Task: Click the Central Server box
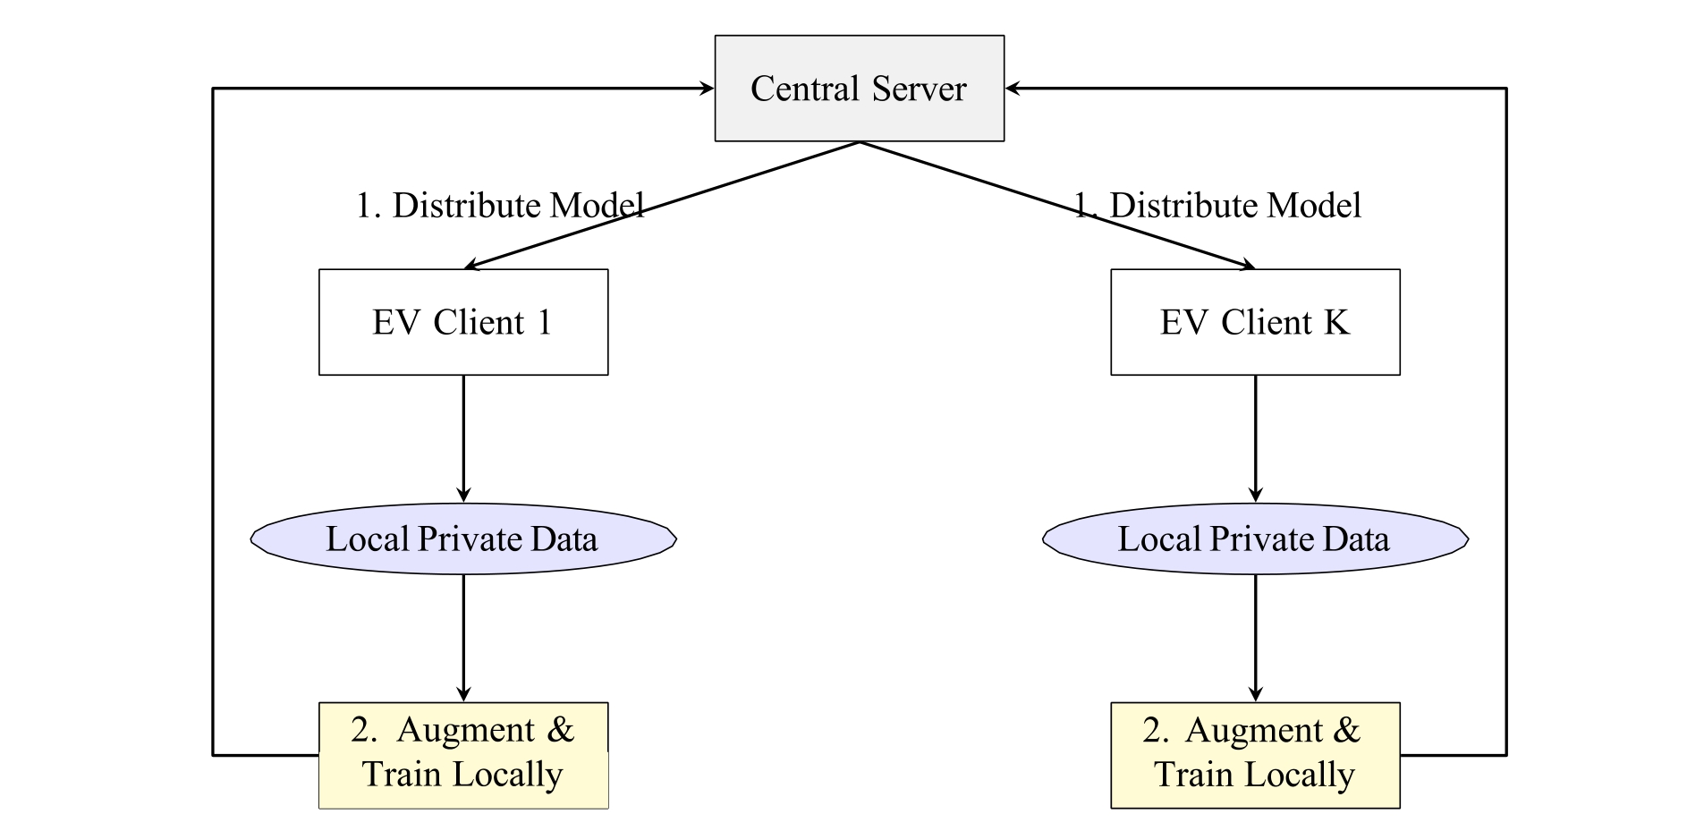click(859, 89)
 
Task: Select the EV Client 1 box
click(463, 322)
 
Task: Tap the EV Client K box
click(1255, 322)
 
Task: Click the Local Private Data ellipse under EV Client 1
click(463, 538)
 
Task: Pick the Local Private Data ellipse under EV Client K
click(1255, 538)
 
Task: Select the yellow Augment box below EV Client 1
click(463, 755)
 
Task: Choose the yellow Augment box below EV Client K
click(1255, 755)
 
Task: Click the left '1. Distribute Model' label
click(500, 206)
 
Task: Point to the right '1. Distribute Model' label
click(1217, 206)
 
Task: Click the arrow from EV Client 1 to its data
click(463, 438)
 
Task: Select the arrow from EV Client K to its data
click(1255, 438)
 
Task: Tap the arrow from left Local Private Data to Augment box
click(463, 638)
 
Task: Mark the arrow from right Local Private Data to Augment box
click(1255, 638)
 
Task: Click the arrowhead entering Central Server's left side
click(707, 89)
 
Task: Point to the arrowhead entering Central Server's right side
click(1013, 89)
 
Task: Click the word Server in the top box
click(920, 89)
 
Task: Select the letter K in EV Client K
click(1336, 322)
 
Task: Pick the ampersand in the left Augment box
click(561, 730)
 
